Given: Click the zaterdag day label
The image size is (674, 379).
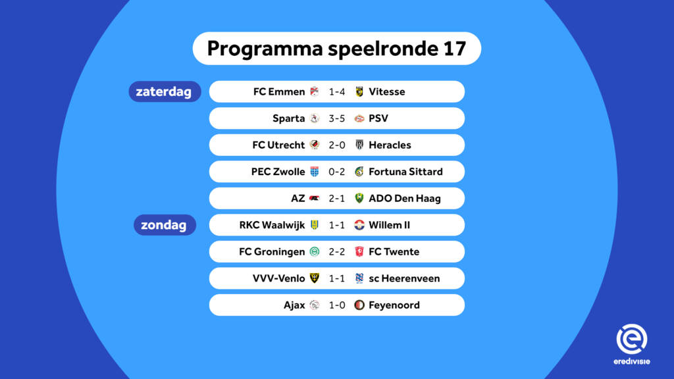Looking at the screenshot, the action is point(164,91).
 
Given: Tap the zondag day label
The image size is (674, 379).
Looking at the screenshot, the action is point(164,225).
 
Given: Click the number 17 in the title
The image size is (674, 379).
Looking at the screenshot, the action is point(454,48).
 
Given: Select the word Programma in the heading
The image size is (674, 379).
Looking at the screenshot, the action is point(265,49).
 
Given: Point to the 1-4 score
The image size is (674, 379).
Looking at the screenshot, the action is point(336,91).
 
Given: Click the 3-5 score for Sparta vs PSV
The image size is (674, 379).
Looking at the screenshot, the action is point(336,118).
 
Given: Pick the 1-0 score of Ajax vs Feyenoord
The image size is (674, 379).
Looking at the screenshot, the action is point(336,305).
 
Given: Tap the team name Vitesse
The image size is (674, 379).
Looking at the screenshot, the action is point(387,91).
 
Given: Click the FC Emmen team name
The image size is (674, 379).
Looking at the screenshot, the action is point(279,91).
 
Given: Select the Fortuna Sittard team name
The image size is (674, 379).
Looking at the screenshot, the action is point(405,172).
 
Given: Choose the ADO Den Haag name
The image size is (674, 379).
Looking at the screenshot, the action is point(405,198).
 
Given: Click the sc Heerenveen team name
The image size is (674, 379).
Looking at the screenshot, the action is point(405,278).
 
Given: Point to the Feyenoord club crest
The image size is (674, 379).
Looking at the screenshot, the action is point(359,305).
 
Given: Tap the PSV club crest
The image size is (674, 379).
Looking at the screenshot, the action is point(359,118).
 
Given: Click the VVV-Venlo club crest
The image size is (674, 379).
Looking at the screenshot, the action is point(315,278).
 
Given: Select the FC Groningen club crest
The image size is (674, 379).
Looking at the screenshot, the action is point(315,251).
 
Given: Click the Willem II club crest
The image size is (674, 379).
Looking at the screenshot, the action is point(359,225).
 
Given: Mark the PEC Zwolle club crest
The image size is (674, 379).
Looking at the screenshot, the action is point(315,172).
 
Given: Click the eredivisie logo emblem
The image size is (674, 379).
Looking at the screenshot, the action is point(632,339).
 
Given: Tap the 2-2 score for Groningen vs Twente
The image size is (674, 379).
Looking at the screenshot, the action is point(336,251).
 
